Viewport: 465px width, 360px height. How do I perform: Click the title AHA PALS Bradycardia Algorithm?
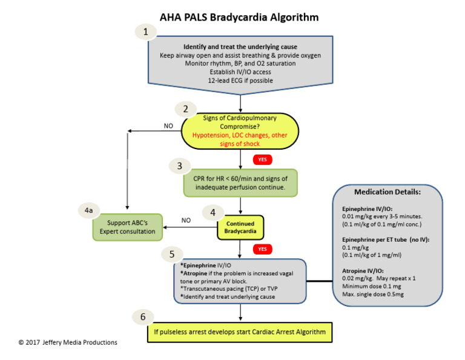click(239, 17)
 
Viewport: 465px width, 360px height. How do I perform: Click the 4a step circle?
click(89, 210)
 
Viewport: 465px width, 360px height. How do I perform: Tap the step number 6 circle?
click(142, 317)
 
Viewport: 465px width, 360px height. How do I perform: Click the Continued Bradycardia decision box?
click(241, 226)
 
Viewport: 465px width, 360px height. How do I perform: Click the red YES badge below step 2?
click(262, 159)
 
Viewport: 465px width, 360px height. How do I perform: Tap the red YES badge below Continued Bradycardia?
click(262, 248)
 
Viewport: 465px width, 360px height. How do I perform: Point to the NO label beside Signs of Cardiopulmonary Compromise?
click(168, 126)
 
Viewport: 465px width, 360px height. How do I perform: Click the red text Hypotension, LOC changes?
click(240, 136)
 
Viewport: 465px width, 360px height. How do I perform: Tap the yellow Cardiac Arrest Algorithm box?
click(240, 332)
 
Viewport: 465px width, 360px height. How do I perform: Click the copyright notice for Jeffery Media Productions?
click(68, 342)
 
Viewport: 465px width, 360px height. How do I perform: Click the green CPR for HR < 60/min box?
click(240, 182)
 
